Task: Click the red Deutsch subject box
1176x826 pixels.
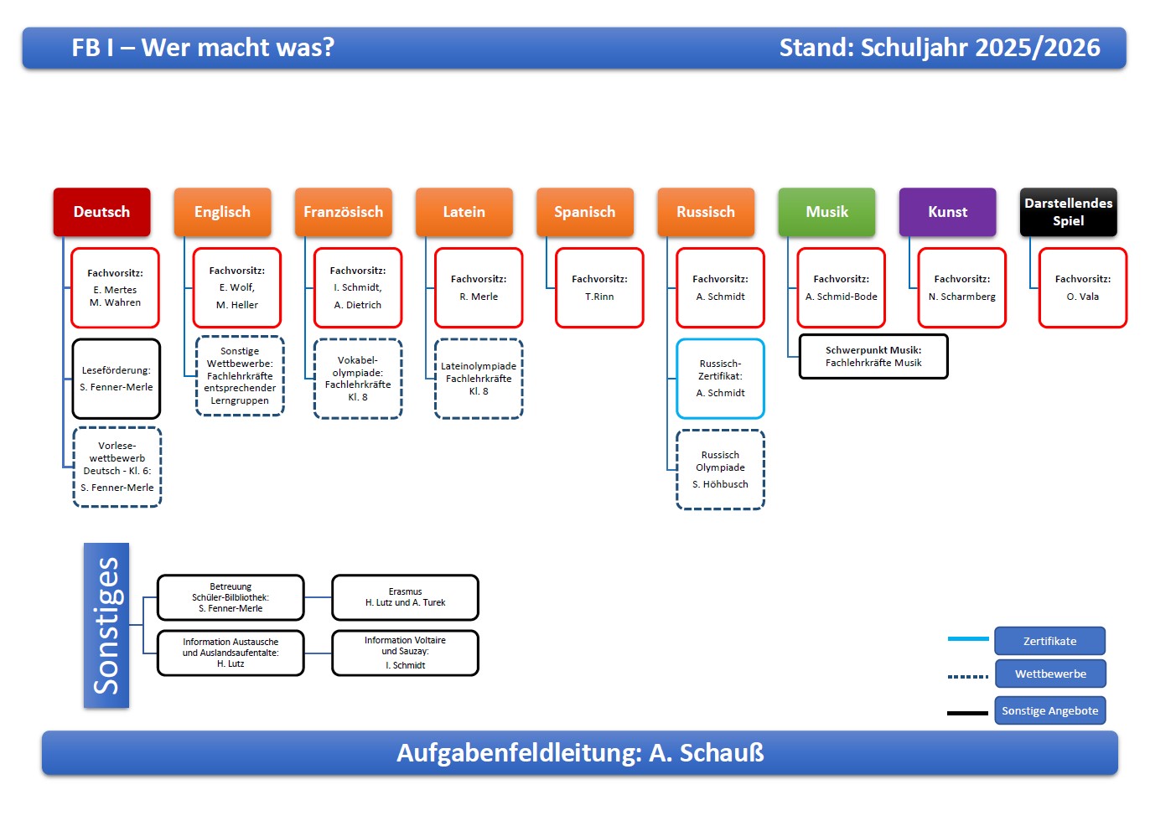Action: click(x=101, y=212)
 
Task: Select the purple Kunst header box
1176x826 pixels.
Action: click(x=947, y=212)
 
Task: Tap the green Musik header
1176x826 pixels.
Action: click(x=826, y=212)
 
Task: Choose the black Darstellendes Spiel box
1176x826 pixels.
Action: click(x=1068, y=212)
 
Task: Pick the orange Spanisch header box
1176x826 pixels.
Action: click(x=585, y=212)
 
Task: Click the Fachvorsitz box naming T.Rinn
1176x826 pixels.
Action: click(x=599, y=287)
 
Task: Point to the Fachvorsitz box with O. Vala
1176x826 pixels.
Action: click(x=1083, y=287)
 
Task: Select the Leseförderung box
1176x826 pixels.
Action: click(x=116, y=379)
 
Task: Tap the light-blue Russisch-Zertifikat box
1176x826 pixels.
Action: click(x=720, y=379)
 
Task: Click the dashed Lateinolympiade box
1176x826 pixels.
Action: click(x=479, y=379)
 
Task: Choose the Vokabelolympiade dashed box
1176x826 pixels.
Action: click(x=358, y=379)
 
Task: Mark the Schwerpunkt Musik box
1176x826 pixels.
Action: click(x=873, y=356)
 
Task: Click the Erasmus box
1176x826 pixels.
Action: click(x=405, y=597)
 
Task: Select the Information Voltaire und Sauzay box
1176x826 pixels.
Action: click(x=405, y=653)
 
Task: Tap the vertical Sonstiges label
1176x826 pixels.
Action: click(x=106, y=626)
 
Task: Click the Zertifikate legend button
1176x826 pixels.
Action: click(x=1049, y=641)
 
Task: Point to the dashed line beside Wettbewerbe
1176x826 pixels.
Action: click(x=967, y=676)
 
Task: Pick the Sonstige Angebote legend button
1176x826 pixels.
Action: click(x=1049, y=710)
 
